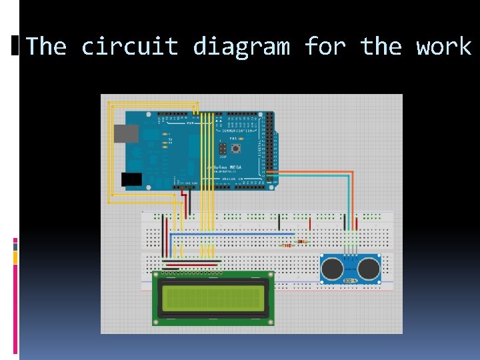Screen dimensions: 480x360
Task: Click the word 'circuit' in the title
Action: pos(130,47)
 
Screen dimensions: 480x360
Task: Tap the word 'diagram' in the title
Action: pos(241,47)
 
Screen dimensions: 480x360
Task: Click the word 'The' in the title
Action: pos(46,47)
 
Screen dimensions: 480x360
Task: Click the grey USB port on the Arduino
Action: pos(127,133)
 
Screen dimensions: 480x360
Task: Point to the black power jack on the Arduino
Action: pos(131,179)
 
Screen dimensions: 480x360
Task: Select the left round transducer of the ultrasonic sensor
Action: pos(333,268)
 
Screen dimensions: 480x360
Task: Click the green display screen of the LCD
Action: pos(213,297)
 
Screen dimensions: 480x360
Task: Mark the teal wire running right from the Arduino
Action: pos(313,176)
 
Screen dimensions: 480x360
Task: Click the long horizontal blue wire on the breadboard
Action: pos(233,234)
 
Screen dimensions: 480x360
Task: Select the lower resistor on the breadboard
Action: pos(287,245)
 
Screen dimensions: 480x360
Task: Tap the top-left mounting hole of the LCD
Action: pos(157,274)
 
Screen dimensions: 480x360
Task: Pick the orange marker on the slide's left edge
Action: pos(15,257)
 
